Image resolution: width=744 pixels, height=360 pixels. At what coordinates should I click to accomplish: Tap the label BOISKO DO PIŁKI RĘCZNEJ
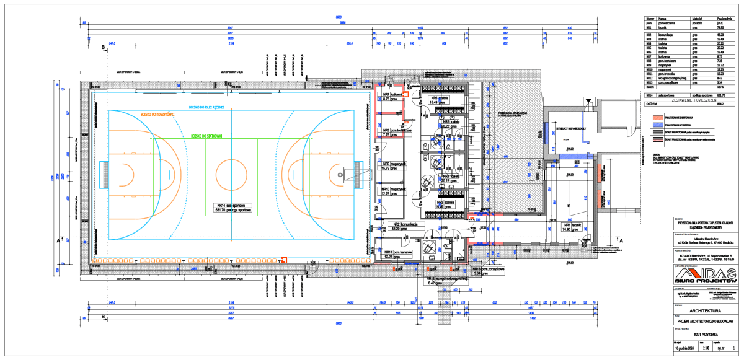(211, 107)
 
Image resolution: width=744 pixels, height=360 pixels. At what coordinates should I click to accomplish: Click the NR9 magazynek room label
(394, 166)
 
